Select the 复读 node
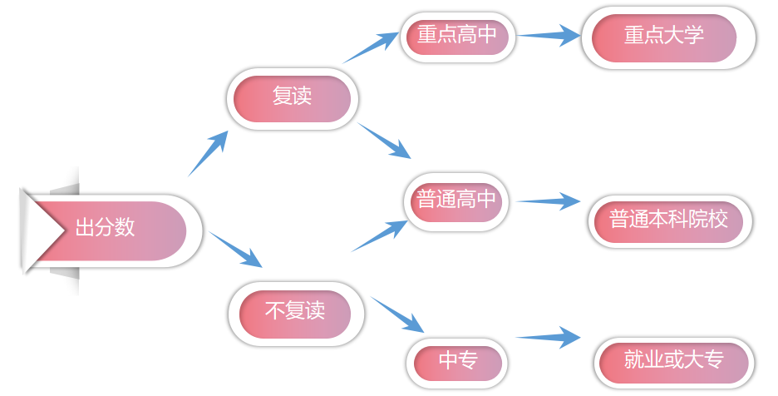292,98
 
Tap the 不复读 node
295,313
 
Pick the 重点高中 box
457,36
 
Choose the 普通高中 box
456,200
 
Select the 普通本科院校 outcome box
669,221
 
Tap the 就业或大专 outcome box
674,361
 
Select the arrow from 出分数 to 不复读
236,250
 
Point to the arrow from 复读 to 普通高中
385,141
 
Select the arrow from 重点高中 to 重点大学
548,36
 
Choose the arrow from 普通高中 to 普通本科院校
548,200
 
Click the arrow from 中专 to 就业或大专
548,337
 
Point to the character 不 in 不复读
275,313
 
